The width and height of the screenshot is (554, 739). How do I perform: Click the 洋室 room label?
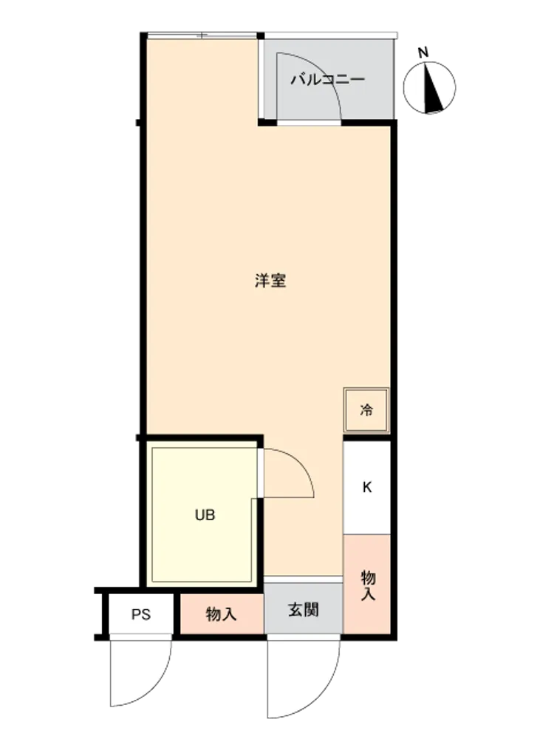pos(270,280)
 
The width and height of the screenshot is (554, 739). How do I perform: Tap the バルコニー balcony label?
pos(327,79)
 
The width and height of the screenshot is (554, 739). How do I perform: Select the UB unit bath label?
pos(205,515)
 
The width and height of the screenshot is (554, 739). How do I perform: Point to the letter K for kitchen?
pos(367,487)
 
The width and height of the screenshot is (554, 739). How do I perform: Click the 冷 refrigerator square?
pos(366,410)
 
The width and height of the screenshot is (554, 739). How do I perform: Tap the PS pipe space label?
pos(141,615)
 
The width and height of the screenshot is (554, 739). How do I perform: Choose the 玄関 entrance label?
pos(304,610)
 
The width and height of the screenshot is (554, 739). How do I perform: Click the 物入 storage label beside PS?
pos(221,615)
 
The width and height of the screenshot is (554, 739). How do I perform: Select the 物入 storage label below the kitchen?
pos(368,585)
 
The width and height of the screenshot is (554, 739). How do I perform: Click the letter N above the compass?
pos(423,52)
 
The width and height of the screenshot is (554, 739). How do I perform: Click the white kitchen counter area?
pos(367,487)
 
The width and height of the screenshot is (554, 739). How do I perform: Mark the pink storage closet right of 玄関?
pos(367,585)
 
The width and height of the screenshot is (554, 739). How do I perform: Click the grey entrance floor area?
pos(303,608)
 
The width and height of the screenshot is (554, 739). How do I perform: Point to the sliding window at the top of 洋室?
pos(202,35)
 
